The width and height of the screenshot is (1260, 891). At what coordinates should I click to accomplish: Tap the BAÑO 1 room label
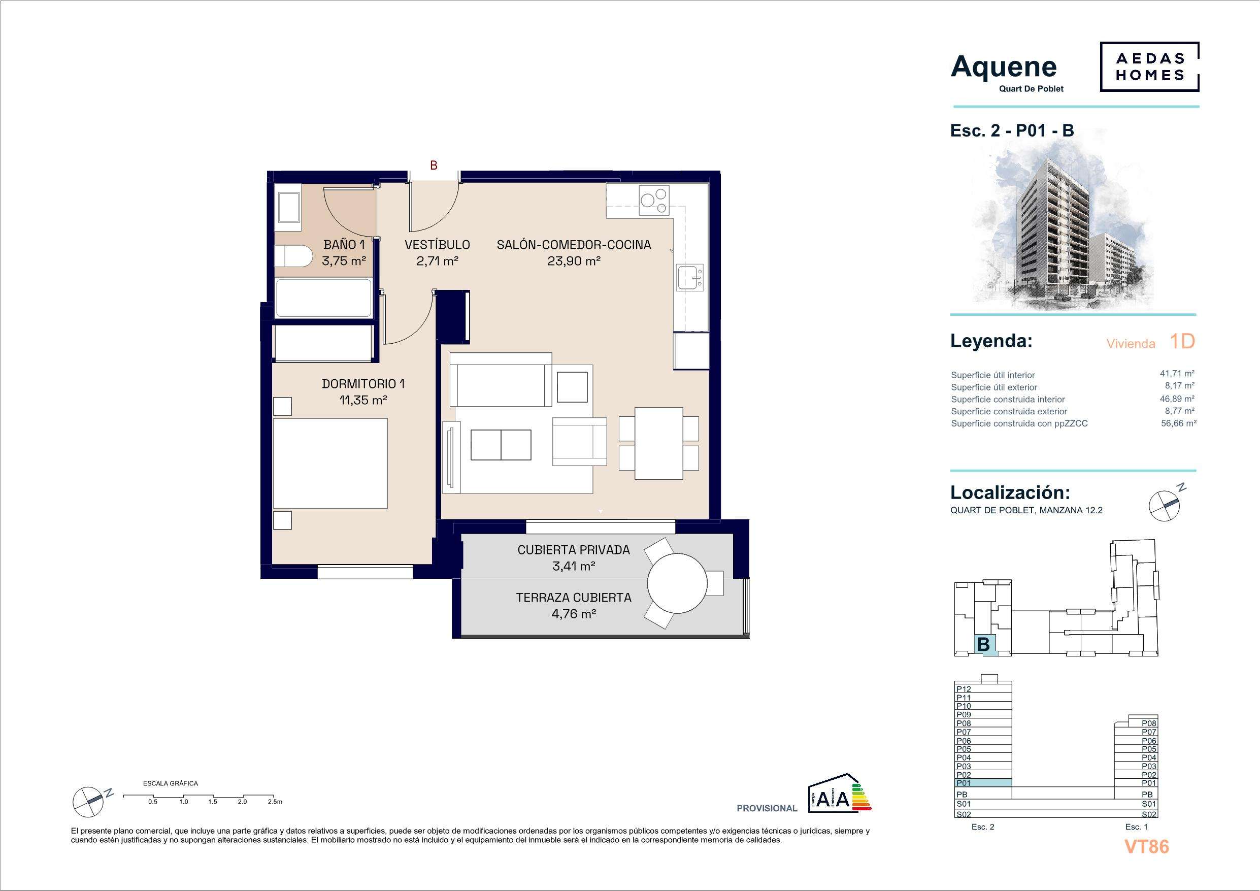pyautogui.click(x=344, y=245)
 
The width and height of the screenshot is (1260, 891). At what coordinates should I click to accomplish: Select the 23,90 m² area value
pyautogui.click(x=574, y=261)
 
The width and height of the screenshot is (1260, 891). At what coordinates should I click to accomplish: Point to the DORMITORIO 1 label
pyautogui.click(x=363, y=384)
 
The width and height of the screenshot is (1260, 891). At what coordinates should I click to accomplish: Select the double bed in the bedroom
pyautogui.click(x=330, y=464)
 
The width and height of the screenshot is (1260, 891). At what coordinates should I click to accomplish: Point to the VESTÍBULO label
pyautogui.click(x=438, y=245)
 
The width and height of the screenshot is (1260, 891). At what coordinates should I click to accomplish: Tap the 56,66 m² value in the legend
pyautogui.click(x=1178, y=423)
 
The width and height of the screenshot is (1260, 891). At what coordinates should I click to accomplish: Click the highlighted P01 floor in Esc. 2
pyautogui.click(x=983, y=783)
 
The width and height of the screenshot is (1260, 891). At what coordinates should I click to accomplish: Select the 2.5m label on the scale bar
pyautogui.click(x=275, y=802)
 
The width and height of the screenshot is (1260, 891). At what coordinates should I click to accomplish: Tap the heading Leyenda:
pyautogui.click(x=991, y=341)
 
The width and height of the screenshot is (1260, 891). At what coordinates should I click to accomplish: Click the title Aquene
pyautogui.click(x=1004, y=67)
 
